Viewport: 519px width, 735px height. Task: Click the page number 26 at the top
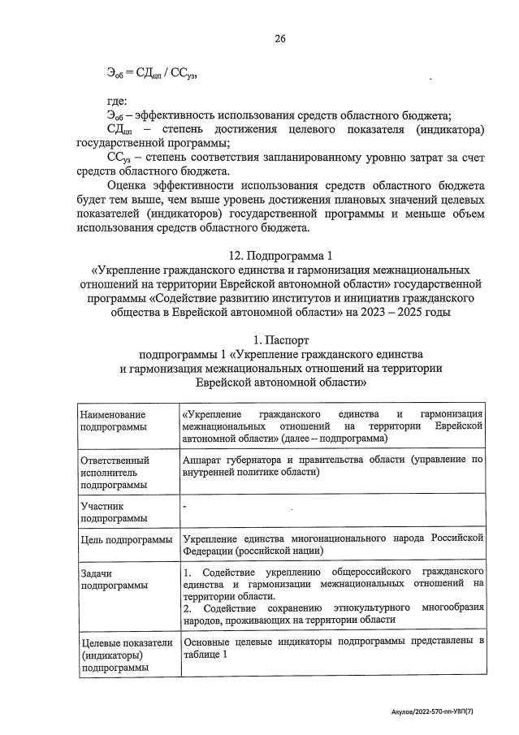280,38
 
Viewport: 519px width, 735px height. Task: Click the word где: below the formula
117,102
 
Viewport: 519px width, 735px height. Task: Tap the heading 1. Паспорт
280,339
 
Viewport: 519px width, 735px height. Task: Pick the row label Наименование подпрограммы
114,420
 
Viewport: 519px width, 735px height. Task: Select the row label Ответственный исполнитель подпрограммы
115,472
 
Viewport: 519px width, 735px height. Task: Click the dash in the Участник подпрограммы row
185,506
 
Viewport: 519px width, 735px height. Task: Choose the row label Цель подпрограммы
126,539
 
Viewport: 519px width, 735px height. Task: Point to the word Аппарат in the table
203,459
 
